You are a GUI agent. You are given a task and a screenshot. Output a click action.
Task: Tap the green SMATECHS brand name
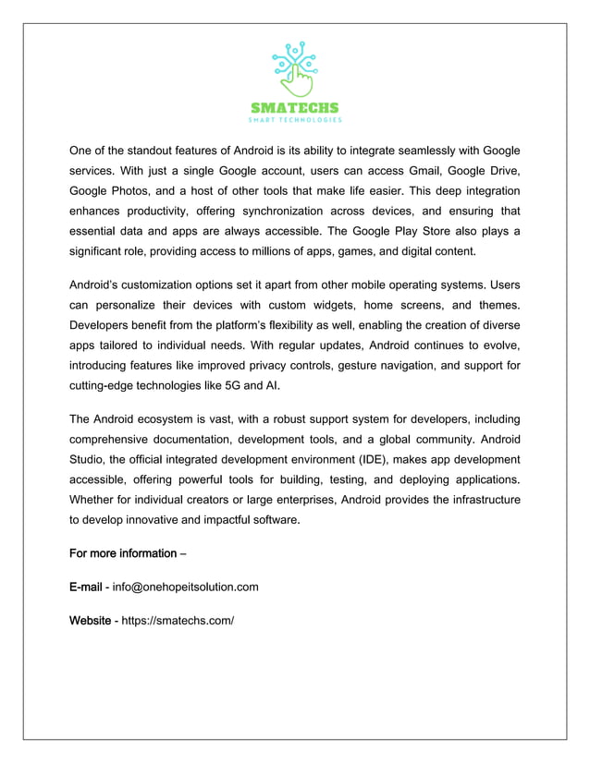point(295,107)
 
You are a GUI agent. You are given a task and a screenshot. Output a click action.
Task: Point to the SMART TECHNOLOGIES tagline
point(295,120)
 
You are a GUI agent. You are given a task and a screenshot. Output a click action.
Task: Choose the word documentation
point(206,440)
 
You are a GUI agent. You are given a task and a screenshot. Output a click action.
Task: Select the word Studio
point(89,460)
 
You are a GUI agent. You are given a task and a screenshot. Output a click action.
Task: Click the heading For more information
point(122,553)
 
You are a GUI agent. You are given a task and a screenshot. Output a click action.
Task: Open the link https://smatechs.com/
point(178,620)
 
